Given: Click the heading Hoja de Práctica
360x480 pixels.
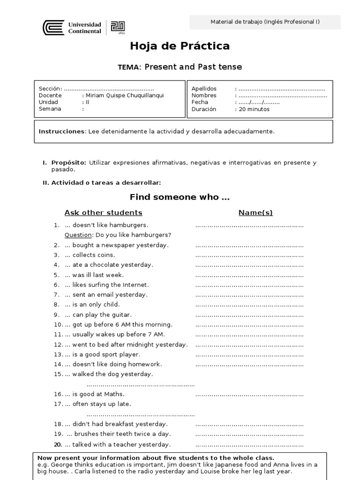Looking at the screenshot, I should point(180,46).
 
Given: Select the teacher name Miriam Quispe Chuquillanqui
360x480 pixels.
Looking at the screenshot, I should point(125,95).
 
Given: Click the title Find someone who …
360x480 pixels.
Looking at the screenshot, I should point(180,197).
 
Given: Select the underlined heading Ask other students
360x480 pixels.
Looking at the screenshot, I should point(103,213).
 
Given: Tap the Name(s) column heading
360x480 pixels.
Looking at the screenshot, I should point(255,213).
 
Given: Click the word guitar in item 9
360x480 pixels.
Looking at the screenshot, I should point(121,315).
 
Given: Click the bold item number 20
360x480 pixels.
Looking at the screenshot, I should point(58,444).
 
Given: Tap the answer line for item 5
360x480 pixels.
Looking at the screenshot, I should point(249,275).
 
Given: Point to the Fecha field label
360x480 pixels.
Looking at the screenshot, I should point(200,102).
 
